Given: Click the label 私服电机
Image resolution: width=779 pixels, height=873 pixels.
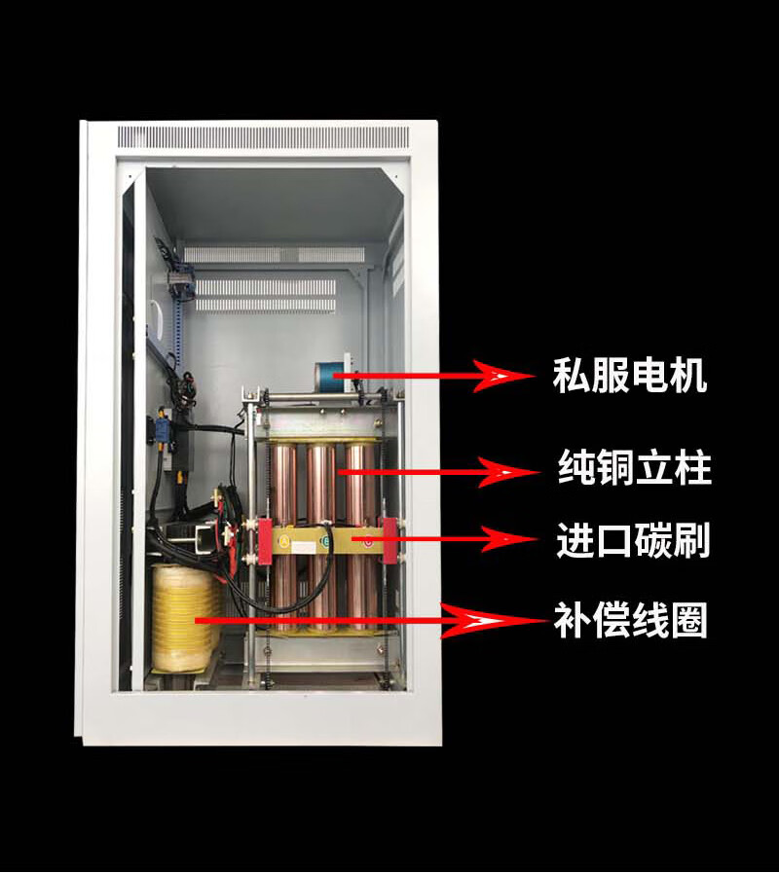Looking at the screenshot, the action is [629, 376].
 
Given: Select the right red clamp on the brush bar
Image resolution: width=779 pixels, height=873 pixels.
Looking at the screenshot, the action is [390, 540].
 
